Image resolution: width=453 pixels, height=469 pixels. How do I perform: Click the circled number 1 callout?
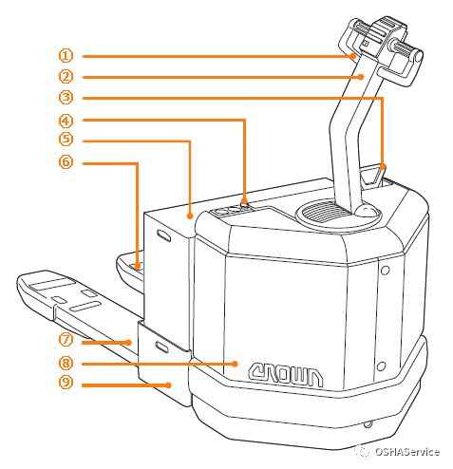[66, 56]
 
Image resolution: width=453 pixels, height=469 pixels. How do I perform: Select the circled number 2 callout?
[66, 77]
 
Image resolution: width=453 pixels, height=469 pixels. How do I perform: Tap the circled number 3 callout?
[66, 97]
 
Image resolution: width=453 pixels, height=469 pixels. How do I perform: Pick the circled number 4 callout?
[66, 121]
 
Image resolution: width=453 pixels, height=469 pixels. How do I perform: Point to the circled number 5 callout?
[66, 139]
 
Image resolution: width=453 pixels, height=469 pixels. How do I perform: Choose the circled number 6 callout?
[66, 161]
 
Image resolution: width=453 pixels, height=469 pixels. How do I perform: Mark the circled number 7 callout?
[66, 340]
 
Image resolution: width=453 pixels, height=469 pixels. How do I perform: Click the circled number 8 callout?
[66, 363]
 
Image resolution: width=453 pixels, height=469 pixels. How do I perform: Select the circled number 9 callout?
[66, 382]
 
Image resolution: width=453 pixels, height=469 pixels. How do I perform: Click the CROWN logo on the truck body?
[286, 375]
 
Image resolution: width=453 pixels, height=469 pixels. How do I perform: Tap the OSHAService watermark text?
[407, 452]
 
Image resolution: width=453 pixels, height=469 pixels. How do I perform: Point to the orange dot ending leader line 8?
[235, 364]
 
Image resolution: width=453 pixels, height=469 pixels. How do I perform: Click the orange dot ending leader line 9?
[169, 385]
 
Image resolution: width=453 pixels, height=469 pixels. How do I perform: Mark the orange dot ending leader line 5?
[190, 216]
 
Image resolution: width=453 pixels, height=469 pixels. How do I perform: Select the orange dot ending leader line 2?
[361, 77]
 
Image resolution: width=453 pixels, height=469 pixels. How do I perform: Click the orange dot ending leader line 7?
[128, 343]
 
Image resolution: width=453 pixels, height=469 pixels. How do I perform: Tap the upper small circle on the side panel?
[386, 271]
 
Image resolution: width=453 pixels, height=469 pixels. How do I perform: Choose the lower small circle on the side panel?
[382, 366]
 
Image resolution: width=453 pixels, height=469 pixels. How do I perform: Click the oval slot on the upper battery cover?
[164, 235]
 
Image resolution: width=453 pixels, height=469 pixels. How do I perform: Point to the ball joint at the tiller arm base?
[367, 211]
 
